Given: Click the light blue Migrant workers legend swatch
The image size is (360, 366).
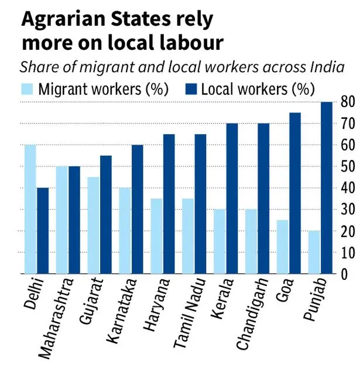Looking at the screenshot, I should pyautogui.click(x=28, y=90).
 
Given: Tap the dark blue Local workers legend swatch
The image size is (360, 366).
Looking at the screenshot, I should pyautogui.click(x=190, y=90).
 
